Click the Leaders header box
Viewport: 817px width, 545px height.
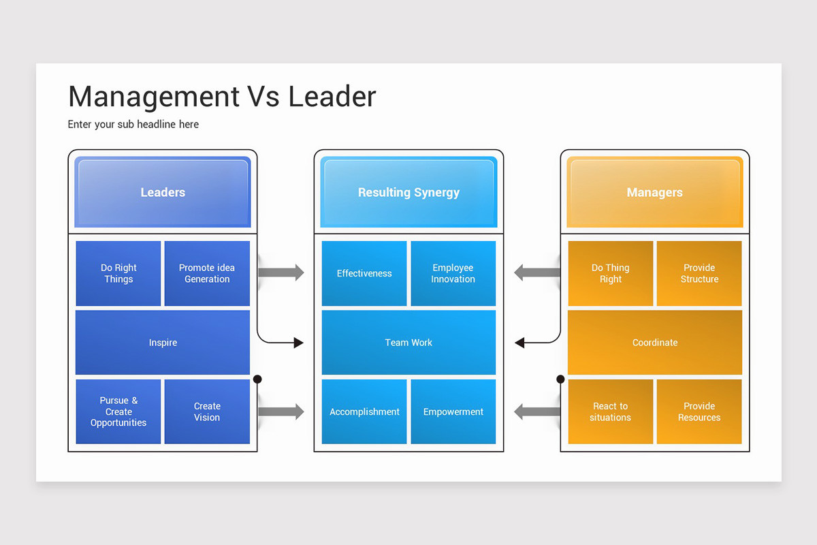[163, 192]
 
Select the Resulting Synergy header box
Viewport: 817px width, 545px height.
[408, 192]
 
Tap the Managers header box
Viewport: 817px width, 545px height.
[654, 192]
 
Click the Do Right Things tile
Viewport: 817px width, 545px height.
[118, 273]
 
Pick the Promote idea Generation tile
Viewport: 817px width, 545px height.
[207, 273]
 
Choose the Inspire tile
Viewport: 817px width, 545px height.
[163, 343]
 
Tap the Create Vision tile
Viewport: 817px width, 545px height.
[207, 411]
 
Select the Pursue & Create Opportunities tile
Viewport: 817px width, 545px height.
[118, 411]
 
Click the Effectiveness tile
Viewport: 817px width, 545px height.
[364, 273]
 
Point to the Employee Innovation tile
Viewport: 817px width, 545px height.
[453, 273]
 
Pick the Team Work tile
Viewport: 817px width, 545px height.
[408, 343]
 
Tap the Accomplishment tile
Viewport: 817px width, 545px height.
[364, 411]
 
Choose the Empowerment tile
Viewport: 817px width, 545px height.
[453, 411]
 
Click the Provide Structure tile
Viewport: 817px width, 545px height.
[699, 273]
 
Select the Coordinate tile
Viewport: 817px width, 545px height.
[655, 343]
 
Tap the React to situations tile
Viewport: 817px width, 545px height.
[610, 411]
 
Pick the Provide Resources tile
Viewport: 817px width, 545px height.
[699, 411]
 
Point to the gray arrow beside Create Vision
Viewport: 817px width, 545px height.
[281, 411]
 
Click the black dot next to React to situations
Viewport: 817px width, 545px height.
[560, 379]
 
